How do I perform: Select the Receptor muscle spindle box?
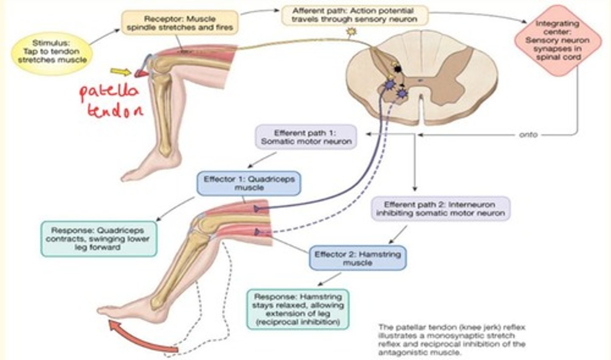179,23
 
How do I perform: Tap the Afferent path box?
354,15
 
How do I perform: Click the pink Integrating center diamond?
557,41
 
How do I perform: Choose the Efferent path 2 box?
440,208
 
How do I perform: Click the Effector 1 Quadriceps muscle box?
249,183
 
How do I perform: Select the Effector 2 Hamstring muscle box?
357,258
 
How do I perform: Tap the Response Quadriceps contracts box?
98,239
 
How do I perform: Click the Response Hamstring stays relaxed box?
298,309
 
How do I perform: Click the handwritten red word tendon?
115,111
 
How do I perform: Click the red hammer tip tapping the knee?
140,74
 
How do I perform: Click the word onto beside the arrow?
528,135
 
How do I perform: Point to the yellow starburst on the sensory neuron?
352,31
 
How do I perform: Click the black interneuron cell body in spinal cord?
398,68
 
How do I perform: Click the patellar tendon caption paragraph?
451,340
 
